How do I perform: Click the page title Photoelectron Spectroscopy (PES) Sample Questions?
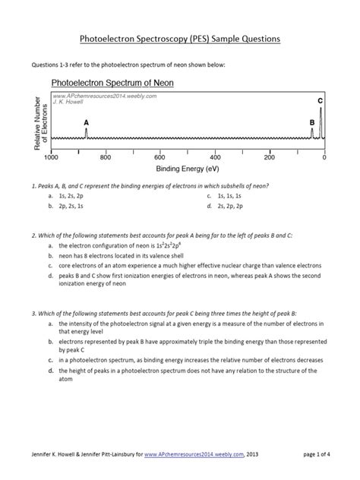[x=180, y=37]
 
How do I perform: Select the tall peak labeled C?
[x=321, y=122]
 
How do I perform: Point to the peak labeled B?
[x=312, y=133]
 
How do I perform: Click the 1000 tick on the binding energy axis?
[x=51, y=157]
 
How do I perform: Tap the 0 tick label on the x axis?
[x=324, y=157]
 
